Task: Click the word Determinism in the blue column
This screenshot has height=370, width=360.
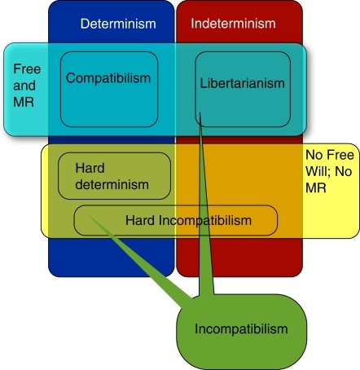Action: click(118, 24)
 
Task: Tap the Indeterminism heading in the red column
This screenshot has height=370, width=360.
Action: click(233, 24)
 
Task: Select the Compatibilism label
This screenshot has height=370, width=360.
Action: click(108, 78)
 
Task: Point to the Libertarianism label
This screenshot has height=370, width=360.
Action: click(243, 83)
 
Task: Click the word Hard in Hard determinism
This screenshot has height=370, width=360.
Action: click(90, 168)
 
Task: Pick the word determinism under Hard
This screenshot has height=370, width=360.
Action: click(112, 185)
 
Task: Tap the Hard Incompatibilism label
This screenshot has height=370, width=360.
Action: click(188, 220)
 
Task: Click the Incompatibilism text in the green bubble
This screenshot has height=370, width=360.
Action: click(241, 329)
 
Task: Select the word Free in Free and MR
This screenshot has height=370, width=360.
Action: click(27, 69)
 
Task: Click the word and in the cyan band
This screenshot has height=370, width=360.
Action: click(24, 86)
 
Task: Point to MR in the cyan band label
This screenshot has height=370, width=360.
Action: click(24, 102)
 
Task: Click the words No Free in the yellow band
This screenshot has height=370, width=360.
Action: click(330, 155)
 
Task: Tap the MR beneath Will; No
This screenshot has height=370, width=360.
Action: click(316, 187)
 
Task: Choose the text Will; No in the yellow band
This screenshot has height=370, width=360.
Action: click(329, 171)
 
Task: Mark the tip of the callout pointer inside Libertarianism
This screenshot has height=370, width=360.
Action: click(200, 112)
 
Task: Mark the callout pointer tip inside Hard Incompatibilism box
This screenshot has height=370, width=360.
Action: click(87, 214)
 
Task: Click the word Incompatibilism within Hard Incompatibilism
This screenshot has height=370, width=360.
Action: click(205, 220)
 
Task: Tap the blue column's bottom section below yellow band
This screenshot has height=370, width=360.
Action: click(112, 258)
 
